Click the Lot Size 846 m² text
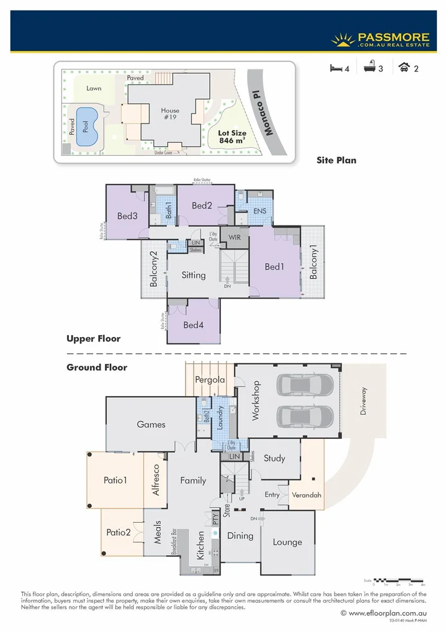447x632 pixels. tap(232, 137)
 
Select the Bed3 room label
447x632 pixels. tap(127, 216)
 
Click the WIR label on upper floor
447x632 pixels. tap(234, 237)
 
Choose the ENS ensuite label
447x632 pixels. tap(261, 211)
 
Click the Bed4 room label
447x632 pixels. tap(192, 325)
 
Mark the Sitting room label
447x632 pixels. tap(194, 275)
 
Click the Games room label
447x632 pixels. tap(151, 425)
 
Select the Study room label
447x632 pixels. tap(274, 458)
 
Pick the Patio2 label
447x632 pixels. tap(118, 532)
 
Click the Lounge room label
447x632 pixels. tap(287, 542)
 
